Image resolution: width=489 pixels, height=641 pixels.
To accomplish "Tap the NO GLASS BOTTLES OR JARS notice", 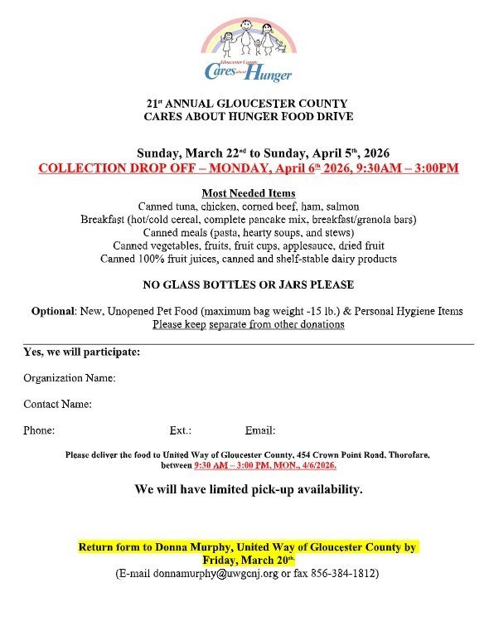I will click(x=249, y=284).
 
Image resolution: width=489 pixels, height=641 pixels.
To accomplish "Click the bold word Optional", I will click(x=53, y=311).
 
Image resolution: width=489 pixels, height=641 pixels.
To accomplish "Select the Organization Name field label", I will click(x=70, y=378).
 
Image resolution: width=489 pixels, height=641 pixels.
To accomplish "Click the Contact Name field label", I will click(x=57, y=405).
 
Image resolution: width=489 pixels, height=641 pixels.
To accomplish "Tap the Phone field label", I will click(x=39, y=430).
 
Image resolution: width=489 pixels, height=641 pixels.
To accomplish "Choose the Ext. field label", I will click(x=181, y=430).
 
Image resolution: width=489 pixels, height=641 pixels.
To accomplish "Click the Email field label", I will click(x=260, y=430).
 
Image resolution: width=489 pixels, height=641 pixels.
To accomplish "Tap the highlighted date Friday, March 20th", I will click(x=249, y=561).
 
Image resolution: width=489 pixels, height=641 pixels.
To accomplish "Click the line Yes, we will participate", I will click(x=81, y=352).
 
